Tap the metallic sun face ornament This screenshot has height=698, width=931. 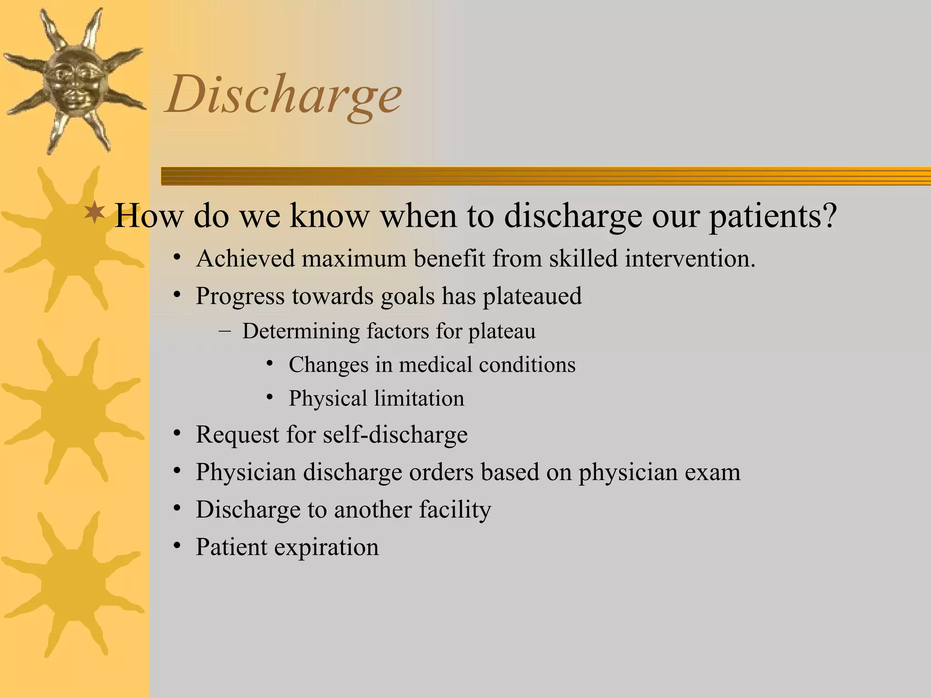tap(73, 80)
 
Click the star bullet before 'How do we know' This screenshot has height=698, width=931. tap(95, 212)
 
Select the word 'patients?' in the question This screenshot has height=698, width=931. tap(773, 216)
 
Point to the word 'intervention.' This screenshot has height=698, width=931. tap(690, 259)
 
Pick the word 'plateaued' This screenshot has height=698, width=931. tap(532, 296)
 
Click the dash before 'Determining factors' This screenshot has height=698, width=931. tap(224, 330)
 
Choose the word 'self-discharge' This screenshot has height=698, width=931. tap(395, 434)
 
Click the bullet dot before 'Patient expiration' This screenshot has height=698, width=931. tap(177, 545)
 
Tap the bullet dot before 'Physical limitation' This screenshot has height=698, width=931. tap(270, 398)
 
